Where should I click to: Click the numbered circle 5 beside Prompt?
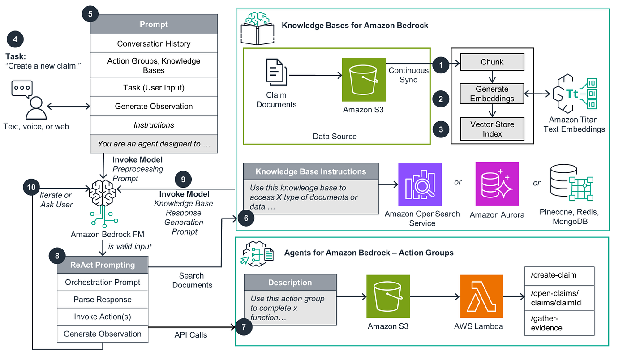click(90, 14)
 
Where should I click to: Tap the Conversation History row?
click(154, 44)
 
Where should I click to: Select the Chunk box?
click(492, 62)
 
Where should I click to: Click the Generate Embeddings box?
click(492, 94)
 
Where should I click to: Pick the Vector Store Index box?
click(492, 129)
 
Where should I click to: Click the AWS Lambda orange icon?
click(481, 296)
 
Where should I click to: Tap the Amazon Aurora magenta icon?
click(497, 184)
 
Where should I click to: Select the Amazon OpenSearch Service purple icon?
click(420, 184)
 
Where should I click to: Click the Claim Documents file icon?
click(276, 72)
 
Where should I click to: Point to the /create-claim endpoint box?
click(559, 276)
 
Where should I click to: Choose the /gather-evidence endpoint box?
click(559, 323)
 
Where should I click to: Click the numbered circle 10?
click(31, 187)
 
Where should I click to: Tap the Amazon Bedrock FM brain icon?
click(103, 203)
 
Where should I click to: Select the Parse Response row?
click(103, 300)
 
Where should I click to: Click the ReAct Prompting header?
click(103, 265)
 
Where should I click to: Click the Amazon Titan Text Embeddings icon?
click(574, 94)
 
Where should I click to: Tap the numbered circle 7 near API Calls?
click(244, 327)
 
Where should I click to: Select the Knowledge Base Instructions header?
click(311, 171)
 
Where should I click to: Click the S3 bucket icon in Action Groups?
click(388, 296)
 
